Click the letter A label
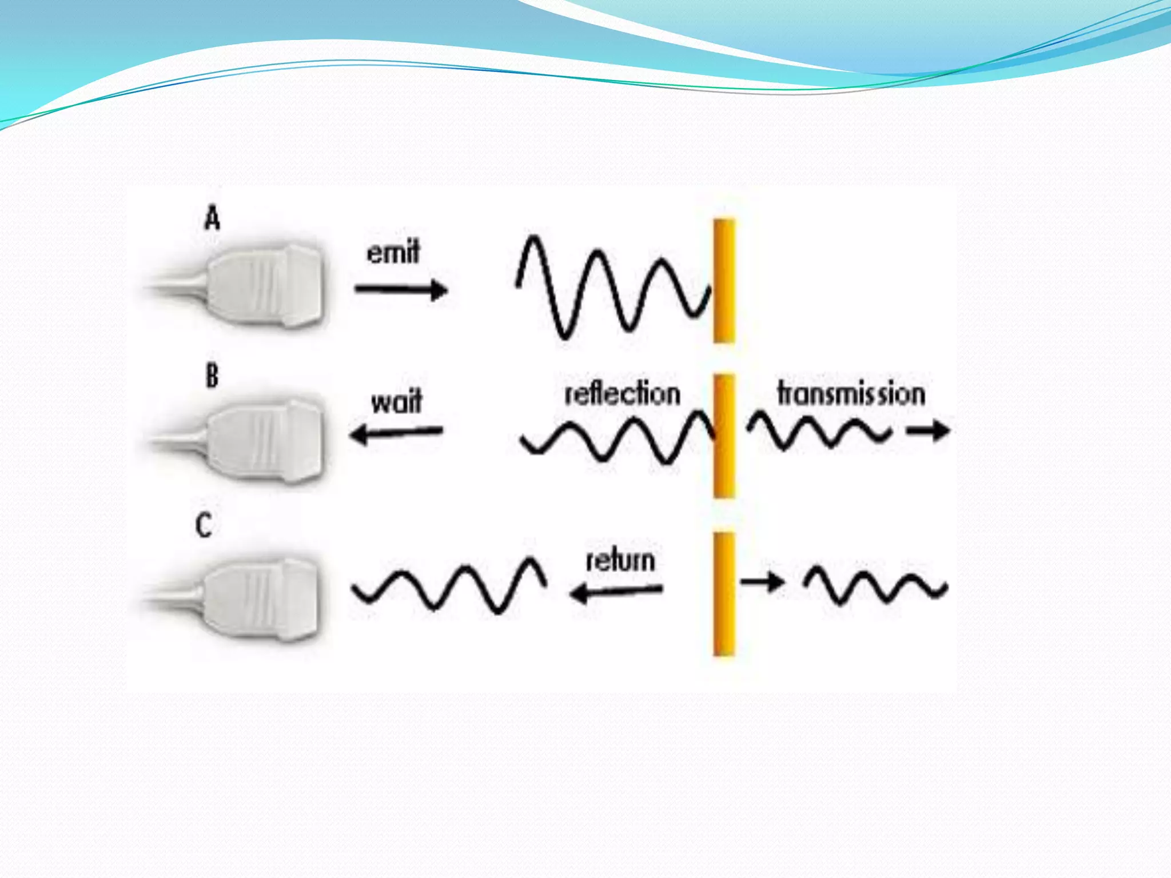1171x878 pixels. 212,219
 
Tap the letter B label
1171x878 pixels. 212,376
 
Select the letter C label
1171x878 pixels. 204,525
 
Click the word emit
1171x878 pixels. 393,252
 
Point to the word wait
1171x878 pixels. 396,401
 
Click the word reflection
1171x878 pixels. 622,394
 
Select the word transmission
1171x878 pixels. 851,394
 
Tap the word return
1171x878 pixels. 620,560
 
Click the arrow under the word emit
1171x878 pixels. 401,290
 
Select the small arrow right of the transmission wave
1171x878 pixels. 927,430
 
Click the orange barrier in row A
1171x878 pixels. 724,280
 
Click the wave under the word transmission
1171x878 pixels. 819,432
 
